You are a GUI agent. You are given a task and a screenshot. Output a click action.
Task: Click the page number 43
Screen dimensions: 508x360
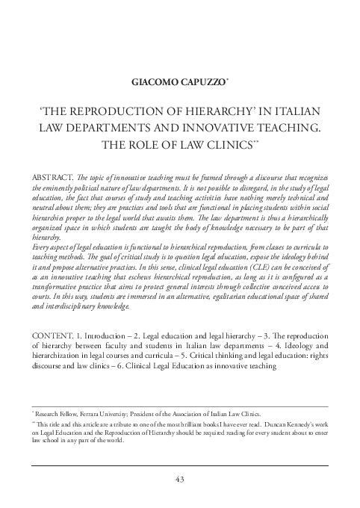(x=180, y=479)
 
